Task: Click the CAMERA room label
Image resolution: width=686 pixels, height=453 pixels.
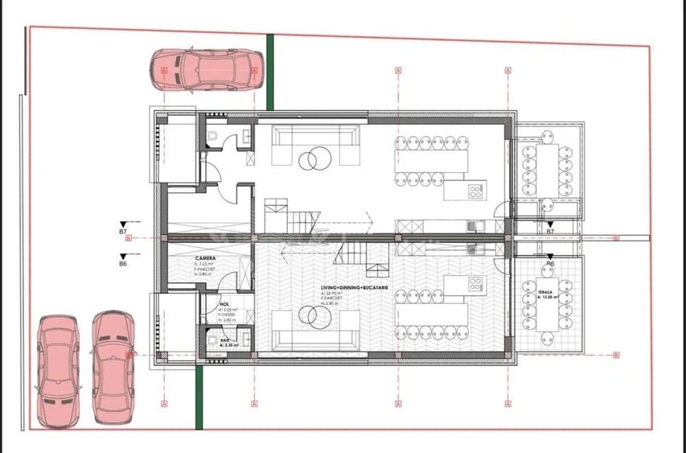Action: pyautogui.click(x=204, y=258)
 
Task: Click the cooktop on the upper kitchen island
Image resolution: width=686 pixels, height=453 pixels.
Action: pyautogui.click(x=474, y=191)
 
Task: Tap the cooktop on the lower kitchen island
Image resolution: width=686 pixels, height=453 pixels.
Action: pyautogui.click(x=474, y=283)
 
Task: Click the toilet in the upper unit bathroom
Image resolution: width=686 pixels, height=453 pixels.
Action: pyautogui.click(x=212, y=138)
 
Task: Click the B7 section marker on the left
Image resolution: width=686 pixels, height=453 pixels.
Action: pyautogui.click(x=123, y=231)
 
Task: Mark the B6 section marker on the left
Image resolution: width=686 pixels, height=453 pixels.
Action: pyautogui.click(x=123, y=262)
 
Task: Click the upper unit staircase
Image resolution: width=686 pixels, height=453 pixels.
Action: pyautogui.click(x=294, y=218)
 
